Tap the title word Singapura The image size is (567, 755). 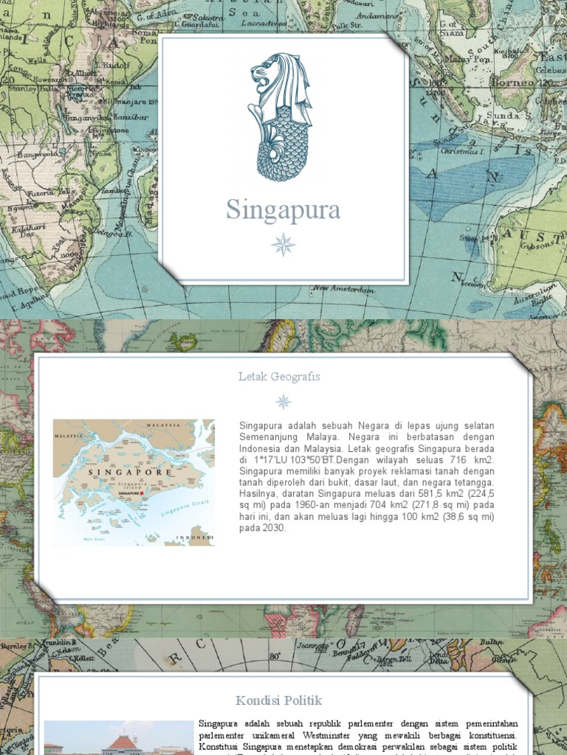[283, 210]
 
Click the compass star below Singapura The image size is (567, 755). [283, 244]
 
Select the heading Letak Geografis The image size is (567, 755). [279, 377]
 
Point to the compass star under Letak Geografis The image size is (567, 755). [283, 402]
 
